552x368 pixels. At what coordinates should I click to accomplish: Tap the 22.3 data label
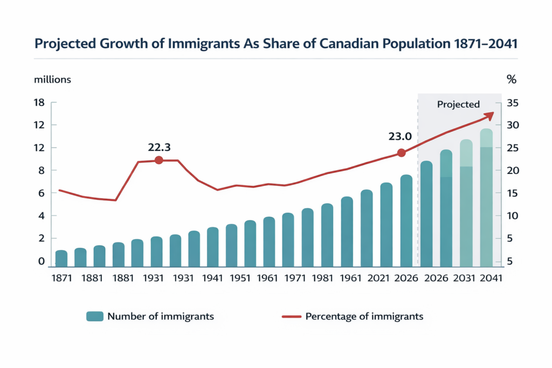tap(159, 147)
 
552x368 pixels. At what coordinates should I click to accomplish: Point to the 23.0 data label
tap(400, 137)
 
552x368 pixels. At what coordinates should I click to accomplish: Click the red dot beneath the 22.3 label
tap(158, 160)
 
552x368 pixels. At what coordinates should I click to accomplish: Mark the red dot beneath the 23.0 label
tap(401, 153)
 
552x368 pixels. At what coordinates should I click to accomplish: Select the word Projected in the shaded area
tap(458, 105)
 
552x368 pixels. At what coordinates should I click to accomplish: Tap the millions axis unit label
tap(52, 80)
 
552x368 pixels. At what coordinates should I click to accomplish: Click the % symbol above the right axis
tap(512, 80)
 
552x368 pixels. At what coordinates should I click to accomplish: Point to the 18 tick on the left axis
tap(39, 103)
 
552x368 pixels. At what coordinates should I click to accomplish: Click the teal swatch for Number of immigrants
tap(95, 317)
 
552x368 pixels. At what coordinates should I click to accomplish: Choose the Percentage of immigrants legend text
tap(364, 316)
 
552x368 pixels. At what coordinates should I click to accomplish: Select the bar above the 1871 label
tap(61, 258)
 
